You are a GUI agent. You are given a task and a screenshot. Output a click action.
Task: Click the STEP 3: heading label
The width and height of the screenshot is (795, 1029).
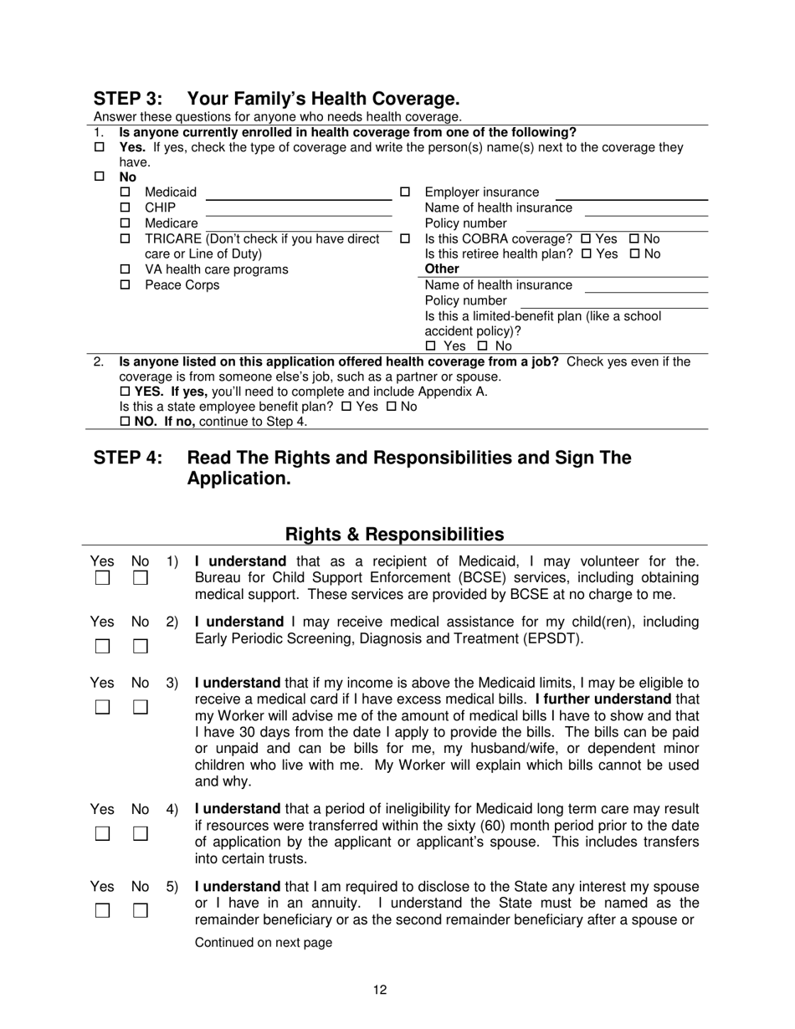pyautogui.click(x=127, y=98)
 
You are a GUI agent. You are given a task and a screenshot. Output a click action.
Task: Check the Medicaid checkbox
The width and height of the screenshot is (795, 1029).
pyautogui.click(x=126, y=192)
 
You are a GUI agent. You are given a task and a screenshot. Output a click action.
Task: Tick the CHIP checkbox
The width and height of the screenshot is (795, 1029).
pyautogui.click(x=126, y=207)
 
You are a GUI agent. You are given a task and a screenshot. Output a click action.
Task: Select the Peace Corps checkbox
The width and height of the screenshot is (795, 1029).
pyautogui.click(x=126, y=285)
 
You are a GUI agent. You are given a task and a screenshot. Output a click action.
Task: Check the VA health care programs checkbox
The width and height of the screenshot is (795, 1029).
pyautogui.click(x=126, y=270)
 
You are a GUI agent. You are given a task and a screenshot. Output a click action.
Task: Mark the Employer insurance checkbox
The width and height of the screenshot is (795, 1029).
pyautogui.click(x=405, y=192)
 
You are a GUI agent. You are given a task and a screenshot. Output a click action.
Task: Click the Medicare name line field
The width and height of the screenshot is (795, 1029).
pyautogui.click(x=299, y=223)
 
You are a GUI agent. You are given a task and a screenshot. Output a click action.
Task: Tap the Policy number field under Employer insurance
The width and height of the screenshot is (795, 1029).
pyautogui.click(x=617, y=223)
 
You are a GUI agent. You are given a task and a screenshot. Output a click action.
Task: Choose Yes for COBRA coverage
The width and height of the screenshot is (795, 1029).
pyautogui.click(x=586, y=238)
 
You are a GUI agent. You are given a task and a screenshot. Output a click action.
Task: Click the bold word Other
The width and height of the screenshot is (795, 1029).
pyautogui.click(x=442, y=269)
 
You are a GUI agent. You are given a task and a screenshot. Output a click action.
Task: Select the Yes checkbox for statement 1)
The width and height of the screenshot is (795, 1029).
pyautogui.click(x=102, y=578)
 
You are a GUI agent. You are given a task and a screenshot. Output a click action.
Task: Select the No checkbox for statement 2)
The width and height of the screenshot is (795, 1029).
pyautogui.click(x=141, y=646)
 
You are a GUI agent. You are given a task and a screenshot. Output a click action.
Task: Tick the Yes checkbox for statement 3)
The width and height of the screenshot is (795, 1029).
pyautogui.click(x=102, y=707)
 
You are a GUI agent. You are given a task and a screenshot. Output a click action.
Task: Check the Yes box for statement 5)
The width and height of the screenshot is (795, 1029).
pyautogui.click(x=102, y=910)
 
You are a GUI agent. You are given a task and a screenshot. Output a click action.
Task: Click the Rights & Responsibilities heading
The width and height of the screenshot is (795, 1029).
pyautogui.click(x=395, y=534)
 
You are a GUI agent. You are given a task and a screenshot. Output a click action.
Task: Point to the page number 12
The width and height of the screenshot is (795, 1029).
pyautogui.click(x=380, y=991)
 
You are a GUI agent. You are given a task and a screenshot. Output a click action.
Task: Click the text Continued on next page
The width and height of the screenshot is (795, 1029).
pyautogui.click(x=263, y=943)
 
